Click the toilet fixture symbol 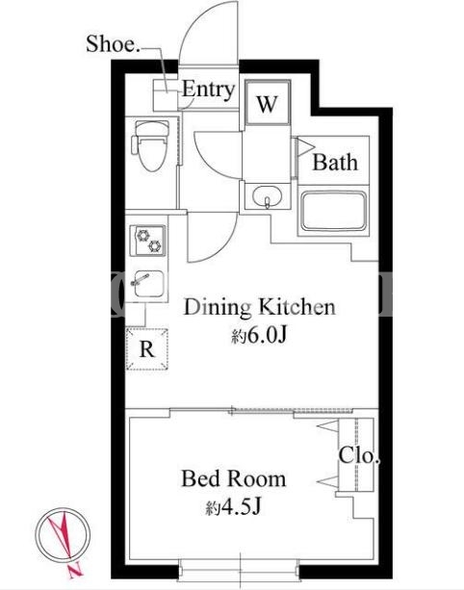tap(150, 145)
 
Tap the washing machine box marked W tap(268, 102)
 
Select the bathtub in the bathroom tap(334, 211)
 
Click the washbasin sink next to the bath tap(268, 196)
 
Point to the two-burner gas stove tap(148, 241)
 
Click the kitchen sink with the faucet tap(148, 283)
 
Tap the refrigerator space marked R tap(146, 348)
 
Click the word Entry tap(208, 90)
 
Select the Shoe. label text tap(113, 43)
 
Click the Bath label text tap(335, 163)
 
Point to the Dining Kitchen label tap(259, 307)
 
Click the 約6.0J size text tap(259, 335)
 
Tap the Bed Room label tap(234, 478)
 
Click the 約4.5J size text tap(233, 507)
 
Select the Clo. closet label tap(358, 455)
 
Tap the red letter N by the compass tap(76, 571)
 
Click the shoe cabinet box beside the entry tap(166, 95)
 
